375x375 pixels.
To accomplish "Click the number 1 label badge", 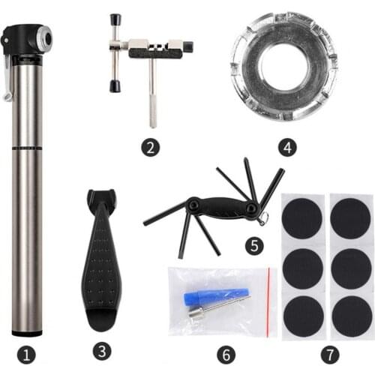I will coord(28,350).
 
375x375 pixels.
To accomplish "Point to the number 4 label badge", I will coord(286,147).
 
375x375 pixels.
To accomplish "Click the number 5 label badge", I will coord(255,245).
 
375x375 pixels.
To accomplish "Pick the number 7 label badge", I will coord(327,350).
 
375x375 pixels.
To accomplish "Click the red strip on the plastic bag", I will coord(266,300).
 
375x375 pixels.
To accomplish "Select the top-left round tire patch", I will coord(303,220).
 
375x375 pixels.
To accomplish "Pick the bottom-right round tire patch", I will coord(350,315).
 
